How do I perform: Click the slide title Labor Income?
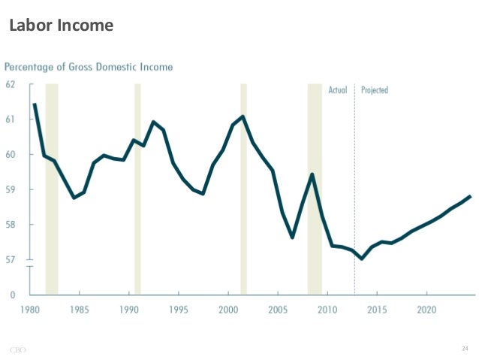[61, 26]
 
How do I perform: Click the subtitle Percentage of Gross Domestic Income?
[89, 67]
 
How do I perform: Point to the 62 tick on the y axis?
[11, 83]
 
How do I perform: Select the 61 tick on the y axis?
[11, 119]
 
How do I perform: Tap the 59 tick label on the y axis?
[11, 189]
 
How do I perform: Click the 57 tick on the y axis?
[11, 260]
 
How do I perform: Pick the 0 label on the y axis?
[13, 295]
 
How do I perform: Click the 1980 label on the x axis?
[32, 309]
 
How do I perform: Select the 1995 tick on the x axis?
[179, 309]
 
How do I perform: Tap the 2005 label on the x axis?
[278, 309]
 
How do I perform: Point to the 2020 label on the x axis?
[426, 309]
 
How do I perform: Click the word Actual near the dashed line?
[338, 90]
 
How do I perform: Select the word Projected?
[375, 90]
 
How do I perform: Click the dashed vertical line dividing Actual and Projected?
[354, 188]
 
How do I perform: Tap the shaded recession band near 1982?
[52, 188]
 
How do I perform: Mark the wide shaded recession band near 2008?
[315, 188]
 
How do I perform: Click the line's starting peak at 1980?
[35, 104]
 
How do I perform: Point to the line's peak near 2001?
[243, 116]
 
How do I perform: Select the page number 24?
[464, 349]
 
